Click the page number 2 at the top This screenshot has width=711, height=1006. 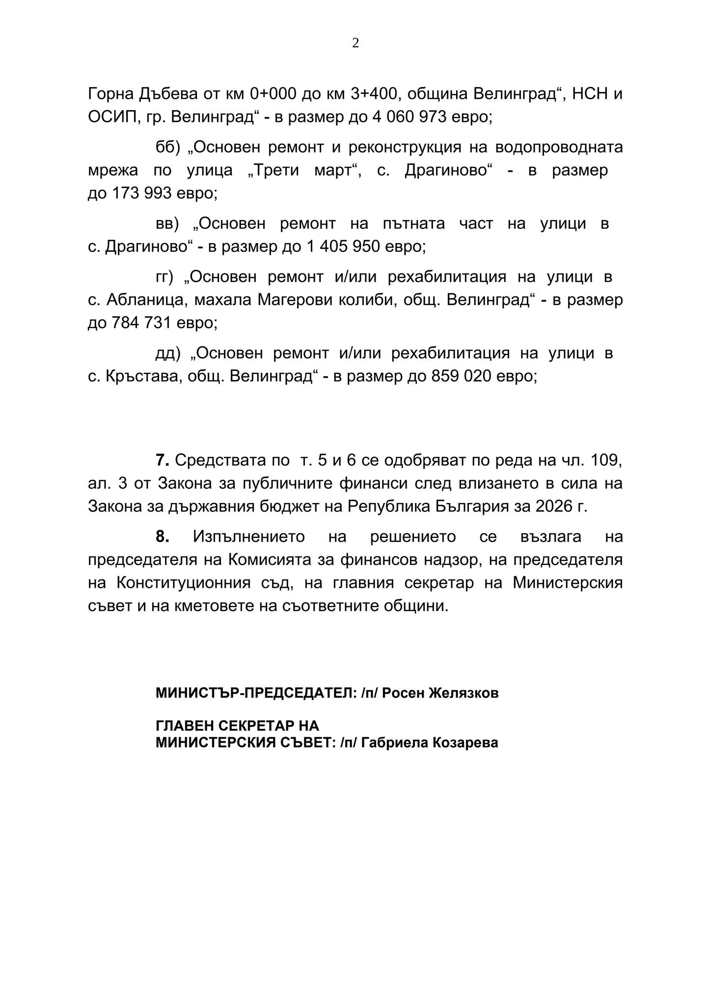(355, 43)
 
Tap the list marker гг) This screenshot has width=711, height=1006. (164, 277)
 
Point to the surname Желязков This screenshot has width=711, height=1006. (464, 693)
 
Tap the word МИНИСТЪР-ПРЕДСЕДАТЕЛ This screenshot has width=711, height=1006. (253, 693)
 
